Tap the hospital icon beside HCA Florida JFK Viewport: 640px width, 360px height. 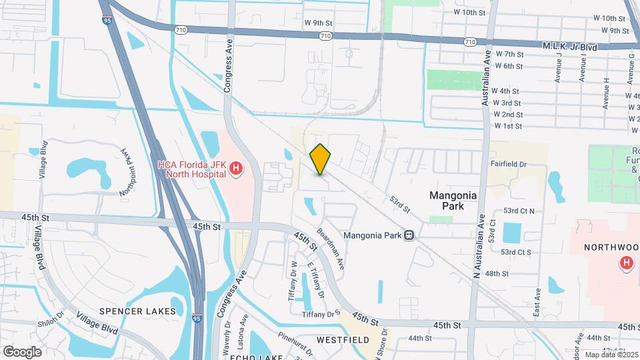pyautogui.click(x=235, y=170)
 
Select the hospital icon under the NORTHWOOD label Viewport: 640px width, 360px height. pyautogui.click(x=626, y=263)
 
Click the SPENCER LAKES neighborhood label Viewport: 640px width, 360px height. pyautogui.click(x=137, y=311)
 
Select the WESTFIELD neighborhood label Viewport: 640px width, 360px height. pyautogui.click(x=343, y=340)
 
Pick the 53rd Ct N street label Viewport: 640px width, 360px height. pyautogui.click(x=519, y=211)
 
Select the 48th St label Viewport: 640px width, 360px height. pyautogui.click(x=497, y=273)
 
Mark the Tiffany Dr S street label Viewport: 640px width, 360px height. pyautogui.click(x=321, y=314)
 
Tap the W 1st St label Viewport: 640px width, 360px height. pyautogui.click(x=507, y=126)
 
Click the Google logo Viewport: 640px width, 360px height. pyautogui.click(x=22, y=351)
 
